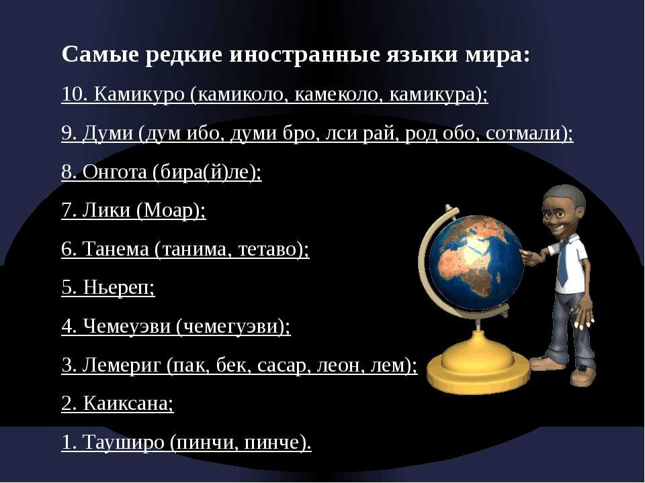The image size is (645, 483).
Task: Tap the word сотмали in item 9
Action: click(523, 133)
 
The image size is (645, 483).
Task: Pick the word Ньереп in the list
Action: click(116, 288)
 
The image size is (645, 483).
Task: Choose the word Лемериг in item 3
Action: click(122, 365)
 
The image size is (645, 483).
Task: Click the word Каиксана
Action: click(125, 403)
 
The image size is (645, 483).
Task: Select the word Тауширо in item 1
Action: click(124, 442)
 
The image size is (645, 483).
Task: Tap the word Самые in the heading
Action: click(101, 54)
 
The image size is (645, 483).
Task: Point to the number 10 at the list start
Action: click(71, 95)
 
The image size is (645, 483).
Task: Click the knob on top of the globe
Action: click(449, 207)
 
